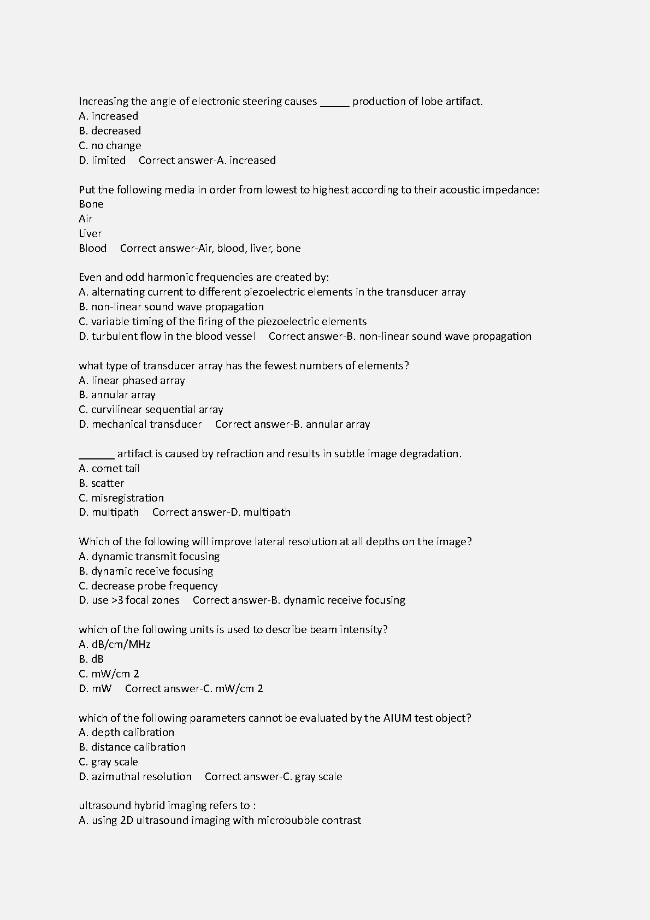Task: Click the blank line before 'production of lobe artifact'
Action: pos(334,103)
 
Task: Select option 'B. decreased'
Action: pos(110,131)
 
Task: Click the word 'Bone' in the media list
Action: pos(91,204)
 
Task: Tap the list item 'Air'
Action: pos(86,219)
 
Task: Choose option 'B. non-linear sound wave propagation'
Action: pos(172,307)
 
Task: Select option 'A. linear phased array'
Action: pos(132,381)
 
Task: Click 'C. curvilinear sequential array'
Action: pos(151,410)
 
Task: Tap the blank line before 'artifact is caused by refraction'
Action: pos(97,455)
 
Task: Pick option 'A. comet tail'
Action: pos(109,469)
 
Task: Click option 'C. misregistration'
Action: pos(121,498)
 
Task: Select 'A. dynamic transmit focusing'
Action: pos(149,557)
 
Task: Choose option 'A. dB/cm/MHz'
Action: pos(115,645)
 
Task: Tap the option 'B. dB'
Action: pos(91,659)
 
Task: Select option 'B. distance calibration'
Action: pos(132,747)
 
